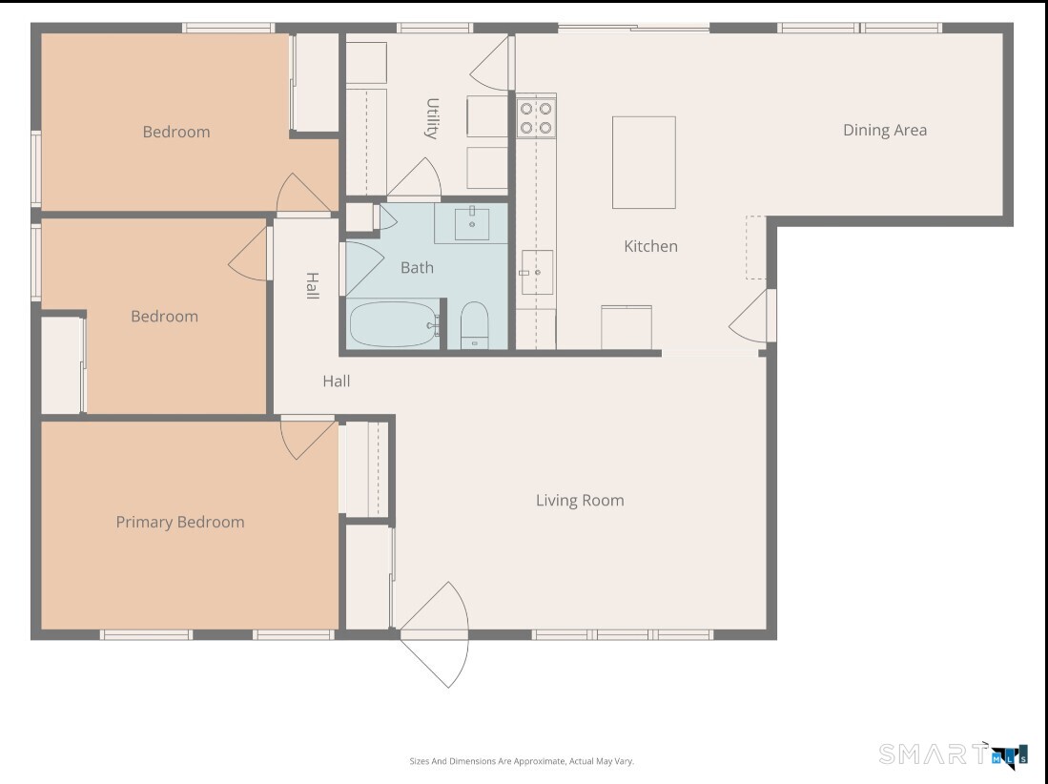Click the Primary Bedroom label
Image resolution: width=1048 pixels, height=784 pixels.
pyautogui.click(x=180, y=522)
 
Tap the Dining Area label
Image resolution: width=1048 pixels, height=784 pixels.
pyautogui.click(x=884, y=131)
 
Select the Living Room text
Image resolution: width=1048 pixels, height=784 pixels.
pyautogui.click(x=579, y=500)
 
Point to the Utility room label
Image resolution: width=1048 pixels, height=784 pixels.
pyautogui.click(x=431, y=118)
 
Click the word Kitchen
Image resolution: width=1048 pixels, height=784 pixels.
pyautogui.click(x=650, y=246)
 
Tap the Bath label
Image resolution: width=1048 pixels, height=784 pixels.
pyautogui.click(x=417, y=268)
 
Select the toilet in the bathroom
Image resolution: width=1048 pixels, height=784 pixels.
pyautogui.click(x=474, y=326)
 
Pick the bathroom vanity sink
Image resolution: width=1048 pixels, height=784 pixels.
pyautogui.click(x=471, y=223)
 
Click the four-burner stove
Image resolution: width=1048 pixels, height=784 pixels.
pyautogui.click(x=536, y=116)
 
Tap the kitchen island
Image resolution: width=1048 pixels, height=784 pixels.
pyautogui.click(x=644, y=162)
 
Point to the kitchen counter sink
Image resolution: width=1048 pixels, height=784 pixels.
pyautogui.click(x=537, y=272)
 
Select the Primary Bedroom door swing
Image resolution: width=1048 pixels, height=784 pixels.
pyautogui.click(x=306, y=437)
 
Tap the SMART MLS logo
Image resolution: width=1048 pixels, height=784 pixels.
pyautogui.click(x=953, y=754)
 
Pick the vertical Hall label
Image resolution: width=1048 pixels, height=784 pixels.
pyautogui.click(x=312, y=286)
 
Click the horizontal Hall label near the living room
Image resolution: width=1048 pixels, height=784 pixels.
pyautogui.click(x=336, y=382)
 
